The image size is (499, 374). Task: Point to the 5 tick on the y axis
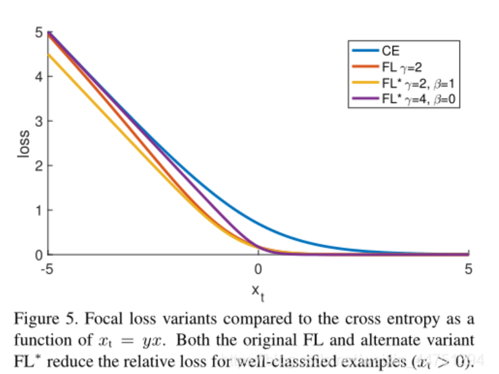39,32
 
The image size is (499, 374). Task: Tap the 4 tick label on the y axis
39,76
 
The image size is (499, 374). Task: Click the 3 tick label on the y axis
39,121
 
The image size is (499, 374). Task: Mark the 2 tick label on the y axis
39,166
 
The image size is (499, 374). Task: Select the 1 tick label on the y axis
39,210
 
